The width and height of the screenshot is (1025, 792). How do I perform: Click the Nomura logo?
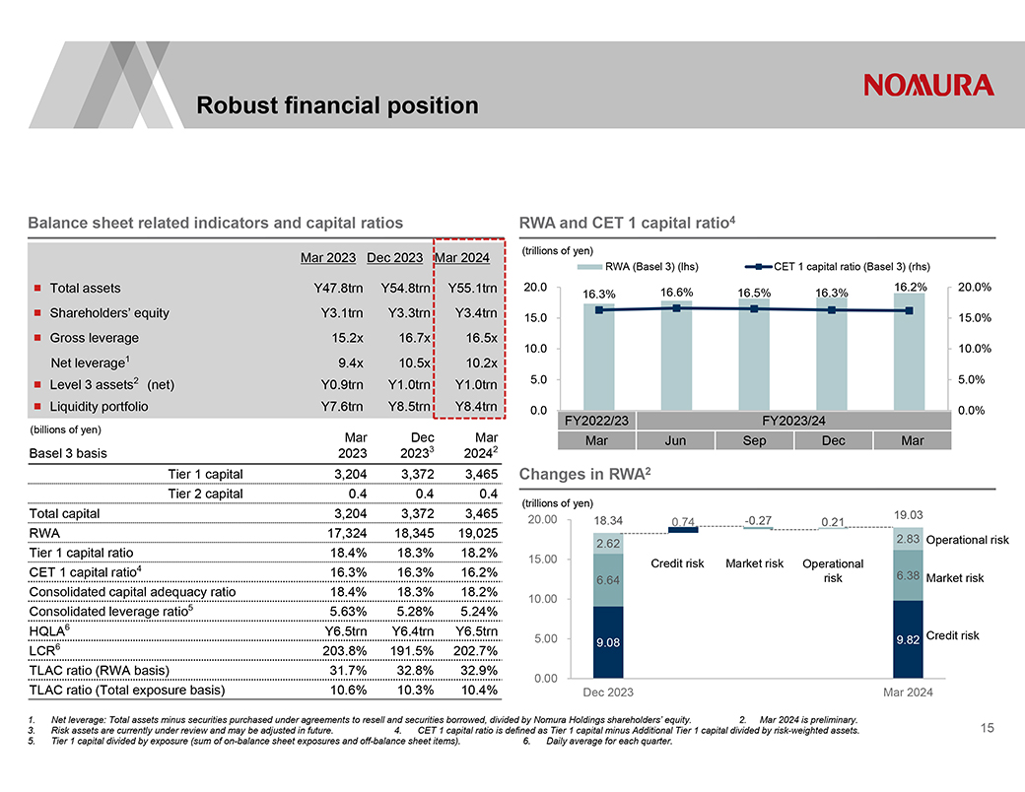(x=928, y=85)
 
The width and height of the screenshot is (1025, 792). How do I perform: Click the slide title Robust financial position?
(x=337, y=105)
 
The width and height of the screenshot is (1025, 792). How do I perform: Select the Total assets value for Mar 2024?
(x=472, y=289)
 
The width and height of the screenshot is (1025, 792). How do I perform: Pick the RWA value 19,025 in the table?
(x=472, y=533)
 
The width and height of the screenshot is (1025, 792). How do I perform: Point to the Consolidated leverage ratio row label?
(x=111, y=612)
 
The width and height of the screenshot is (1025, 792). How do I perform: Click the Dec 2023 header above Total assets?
(x=394, y=258)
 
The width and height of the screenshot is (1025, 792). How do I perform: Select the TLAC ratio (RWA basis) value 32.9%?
(x=472, y=671)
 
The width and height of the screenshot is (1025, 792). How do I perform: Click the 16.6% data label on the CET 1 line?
(x=676, y=292)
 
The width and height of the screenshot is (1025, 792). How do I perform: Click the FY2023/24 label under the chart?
(x=794, y=421)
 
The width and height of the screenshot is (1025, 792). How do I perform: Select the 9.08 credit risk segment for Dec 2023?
(x=607, y=642)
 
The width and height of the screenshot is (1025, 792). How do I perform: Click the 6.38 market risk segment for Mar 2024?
(x=908, y=575)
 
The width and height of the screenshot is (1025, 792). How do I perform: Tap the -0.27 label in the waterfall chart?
(x=758, y=519)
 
